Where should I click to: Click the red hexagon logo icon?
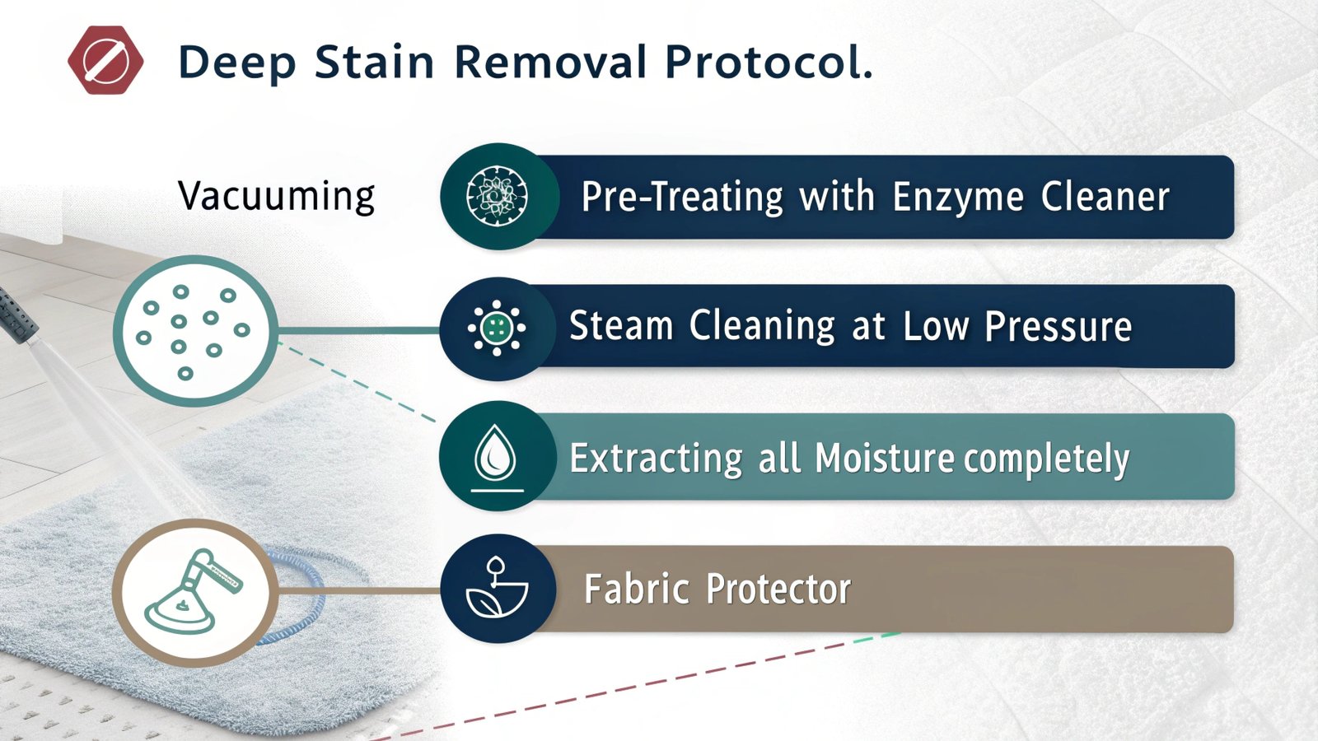(105, 60)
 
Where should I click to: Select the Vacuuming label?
(276, 196)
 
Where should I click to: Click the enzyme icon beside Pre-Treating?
(497, 197)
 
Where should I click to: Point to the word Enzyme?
(957, 198)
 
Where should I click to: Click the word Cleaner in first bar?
(1105, 197)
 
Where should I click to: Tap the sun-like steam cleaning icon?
(496, 328)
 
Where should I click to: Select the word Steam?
(621, 326)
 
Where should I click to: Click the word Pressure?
(1058, 327)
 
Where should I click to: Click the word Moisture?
(884, 458)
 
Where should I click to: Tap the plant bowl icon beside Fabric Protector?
(496, 589)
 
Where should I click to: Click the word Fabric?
(636, 590)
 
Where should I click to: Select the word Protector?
(778, 590)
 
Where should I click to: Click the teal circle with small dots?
(194, 330)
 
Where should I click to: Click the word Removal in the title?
(550, 63)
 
